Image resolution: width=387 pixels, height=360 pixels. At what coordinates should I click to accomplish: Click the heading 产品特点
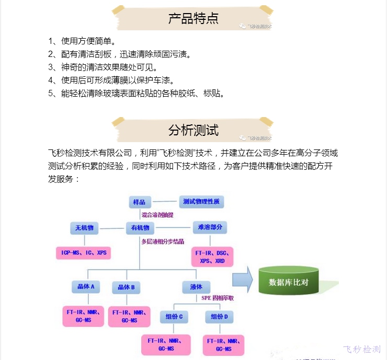point(193,19)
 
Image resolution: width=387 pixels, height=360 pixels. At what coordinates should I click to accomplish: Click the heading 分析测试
point(193,130)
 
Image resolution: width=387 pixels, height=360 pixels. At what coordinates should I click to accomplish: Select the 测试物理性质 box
point(201,202)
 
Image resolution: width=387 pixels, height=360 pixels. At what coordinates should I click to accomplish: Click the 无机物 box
point(84,228)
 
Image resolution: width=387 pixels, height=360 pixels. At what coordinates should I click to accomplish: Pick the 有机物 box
point(140,228)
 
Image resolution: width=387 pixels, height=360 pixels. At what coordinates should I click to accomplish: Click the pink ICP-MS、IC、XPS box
point(84,253)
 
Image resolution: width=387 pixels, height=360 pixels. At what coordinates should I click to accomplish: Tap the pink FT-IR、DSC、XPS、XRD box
point(213,257)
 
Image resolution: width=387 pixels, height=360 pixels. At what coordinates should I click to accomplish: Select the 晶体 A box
point(85,287)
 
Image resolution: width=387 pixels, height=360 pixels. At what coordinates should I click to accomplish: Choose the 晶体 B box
point(127,287)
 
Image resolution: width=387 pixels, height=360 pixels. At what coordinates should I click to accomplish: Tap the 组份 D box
point(219,317)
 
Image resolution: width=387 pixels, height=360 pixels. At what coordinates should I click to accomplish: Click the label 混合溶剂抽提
point(157,215)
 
